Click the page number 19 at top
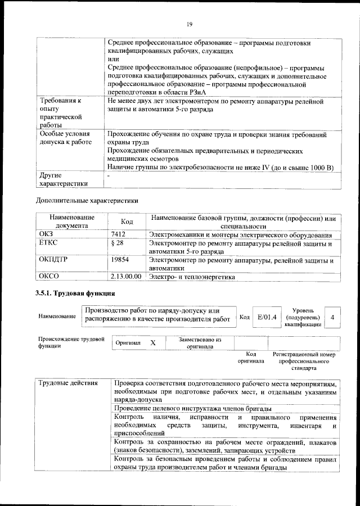(x=190, y=24)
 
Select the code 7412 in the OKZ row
(x=118, y=234)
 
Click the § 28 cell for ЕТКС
(x=117, y=243)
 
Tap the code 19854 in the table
(x=120, y=261)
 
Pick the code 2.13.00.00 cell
(x=126, y=277)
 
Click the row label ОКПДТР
(x=53, y=261)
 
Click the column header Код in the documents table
(x=127, y=222)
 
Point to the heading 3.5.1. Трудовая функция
(x=76, y=294)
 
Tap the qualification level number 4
(x=333, y=318)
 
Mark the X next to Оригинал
(x=153, y=342)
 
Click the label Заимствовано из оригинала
(x=200, y=343)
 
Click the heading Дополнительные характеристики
(x=87, y=200)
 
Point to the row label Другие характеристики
(x=62, y=179)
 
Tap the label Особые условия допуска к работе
(x=64, y=139)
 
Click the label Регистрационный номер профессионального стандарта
(x=304, y=362)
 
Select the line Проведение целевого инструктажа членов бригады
(x=193, y=408)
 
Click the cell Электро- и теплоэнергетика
(x=192, y=277)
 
